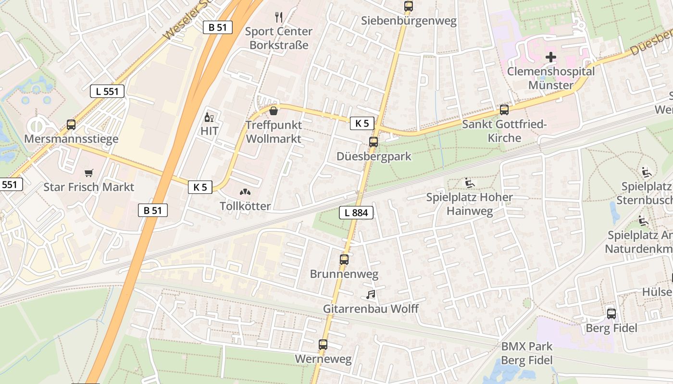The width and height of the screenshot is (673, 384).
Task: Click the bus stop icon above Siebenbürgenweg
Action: (408, 6)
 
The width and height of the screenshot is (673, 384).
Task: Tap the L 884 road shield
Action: (356, 213)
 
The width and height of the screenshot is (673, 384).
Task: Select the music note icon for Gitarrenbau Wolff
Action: (370, 294)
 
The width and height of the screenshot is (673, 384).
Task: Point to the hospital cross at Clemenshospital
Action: (551, 57)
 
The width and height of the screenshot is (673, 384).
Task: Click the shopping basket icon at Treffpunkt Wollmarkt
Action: (274, 111)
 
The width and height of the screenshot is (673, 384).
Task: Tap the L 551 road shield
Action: (107, 91)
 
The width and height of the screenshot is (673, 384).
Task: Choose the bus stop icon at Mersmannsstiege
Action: (71, 125)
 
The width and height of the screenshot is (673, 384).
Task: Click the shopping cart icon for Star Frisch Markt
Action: (88, 173)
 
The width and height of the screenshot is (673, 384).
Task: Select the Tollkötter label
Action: (245, 206)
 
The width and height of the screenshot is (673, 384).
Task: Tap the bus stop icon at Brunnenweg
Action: (344, 260)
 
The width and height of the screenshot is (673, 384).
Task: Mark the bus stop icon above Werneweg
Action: (323, 344)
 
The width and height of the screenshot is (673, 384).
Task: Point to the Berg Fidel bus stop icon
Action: (611, 313)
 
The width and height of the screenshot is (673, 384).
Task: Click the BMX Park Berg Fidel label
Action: (527, 353)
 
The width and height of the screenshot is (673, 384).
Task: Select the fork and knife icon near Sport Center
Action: (279, 17)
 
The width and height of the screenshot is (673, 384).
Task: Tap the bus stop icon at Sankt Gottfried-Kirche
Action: (504, 109)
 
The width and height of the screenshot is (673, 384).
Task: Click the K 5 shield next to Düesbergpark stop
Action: (362, 123)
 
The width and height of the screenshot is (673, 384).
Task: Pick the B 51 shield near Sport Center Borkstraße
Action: (217, 27)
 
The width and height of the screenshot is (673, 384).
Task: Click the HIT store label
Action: (210, 131)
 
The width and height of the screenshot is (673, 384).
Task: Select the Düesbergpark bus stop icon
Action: (374, 142)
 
